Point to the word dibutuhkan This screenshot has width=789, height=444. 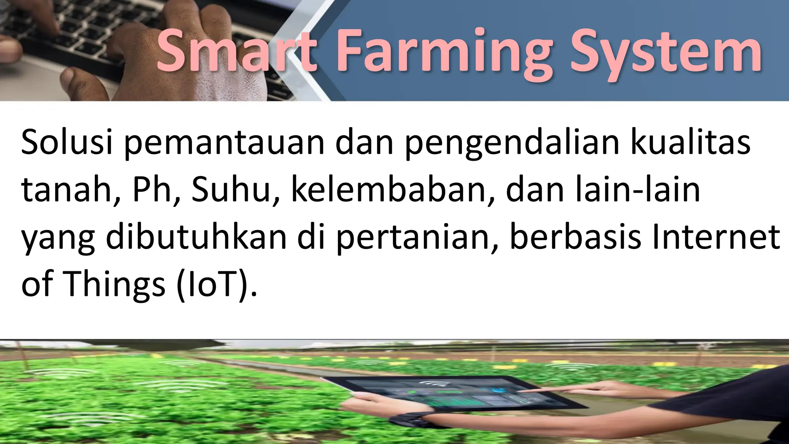[196, 237]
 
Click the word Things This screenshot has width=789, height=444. [114, 285]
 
